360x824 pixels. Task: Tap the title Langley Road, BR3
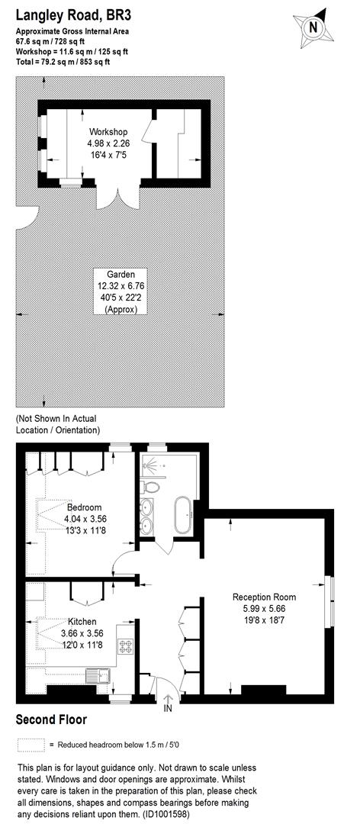[69, 14]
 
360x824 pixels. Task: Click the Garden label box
[121, 291]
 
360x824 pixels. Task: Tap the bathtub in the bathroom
[184, 516]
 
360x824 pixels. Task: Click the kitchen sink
[97, 675]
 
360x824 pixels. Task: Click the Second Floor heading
[51, 719]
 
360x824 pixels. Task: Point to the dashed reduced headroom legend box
[30, 744]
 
